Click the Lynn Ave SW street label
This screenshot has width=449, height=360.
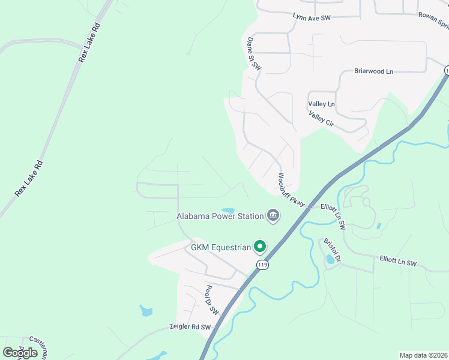click(x=312, y=18)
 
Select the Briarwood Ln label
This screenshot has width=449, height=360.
click(x=373, y=71)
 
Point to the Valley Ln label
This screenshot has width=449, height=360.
click(x=321, y=104)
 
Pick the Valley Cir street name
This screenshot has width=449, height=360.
click(x=321, y=119)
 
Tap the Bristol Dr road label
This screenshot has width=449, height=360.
click(x=332, y=250)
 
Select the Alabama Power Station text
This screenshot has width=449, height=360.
click(x=220, y=216)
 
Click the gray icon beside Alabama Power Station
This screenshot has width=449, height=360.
click(x=273, y=215)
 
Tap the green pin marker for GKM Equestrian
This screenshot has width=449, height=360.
click(x=260, y=246)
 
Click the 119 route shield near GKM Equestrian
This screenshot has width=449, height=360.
click(x=262, y=264)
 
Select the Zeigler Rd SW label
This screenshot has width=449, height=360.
click(x=190, y=328)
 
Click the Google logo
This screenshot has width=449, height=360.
click(x=20, y=352)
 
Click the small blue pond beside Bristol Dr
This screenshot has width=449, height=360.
click(x=330, y=260)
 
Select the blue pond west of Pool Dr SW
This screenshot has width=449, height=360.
click(x=146, y=310)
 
